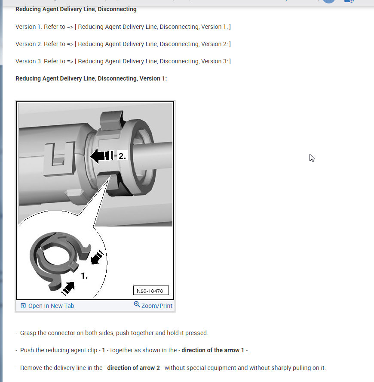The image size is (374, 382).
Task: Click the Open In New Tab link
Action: (x=51, y=306)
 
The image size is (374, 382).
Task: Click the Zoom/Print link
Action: (x=156, y=306)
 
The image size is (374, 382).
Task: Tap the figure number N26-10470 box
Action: (x=150, y=291)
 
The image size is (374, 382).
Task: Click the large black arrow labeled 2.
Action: (x=99, y=156)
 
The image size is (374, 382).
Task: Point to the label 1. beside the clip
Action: (x=84, y=276)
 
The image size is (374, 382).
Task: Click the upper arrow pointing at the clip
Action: (x=98, y=257)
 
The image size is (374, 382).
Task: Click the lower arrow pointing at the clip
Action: (x=68, y=288)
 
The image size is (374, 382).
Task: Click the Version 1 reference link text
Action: (x=153, y=27)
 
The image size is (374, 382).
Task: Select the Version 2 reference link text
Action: (x=153, y=44)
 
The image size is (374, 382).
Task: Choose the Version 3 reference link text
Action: (x=153, y=61)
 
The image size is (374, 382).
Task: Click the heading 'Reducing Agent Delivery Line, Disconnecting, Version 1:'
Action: (x=91, y=78)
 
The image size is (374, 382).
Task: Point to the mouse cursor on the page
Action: (x=312, y=158)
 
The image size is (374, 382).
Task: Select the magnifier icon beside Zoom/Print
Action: (x=137, y=304)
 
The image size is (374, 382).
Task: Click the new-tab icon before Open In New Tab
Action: (x=23, y=306)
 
